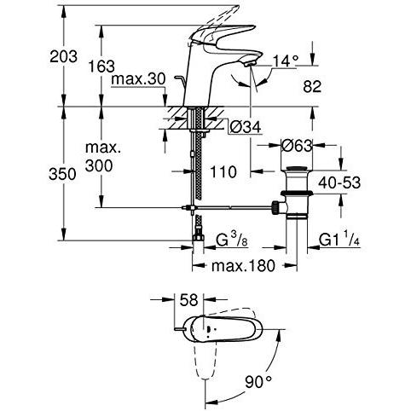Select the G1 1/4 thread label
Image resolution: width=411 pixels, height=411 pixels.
(x=339, y=240)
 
